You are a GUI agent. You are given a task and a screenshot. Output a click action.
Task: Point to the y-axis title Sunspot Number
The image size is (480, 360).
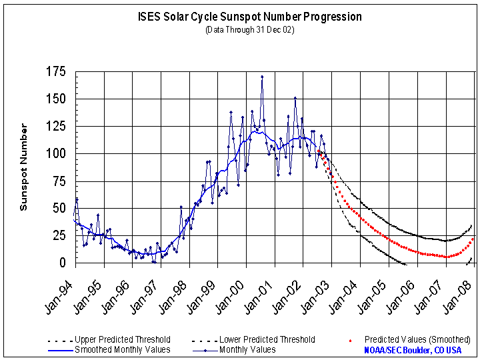[23, 167]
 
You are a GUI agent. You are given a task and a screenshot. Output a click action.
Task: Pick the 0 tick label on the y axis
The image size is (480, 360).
[65, 263]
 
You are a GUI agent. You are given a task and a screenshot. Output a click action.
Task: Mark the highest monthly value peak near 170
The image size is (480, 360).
[262, 77]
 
